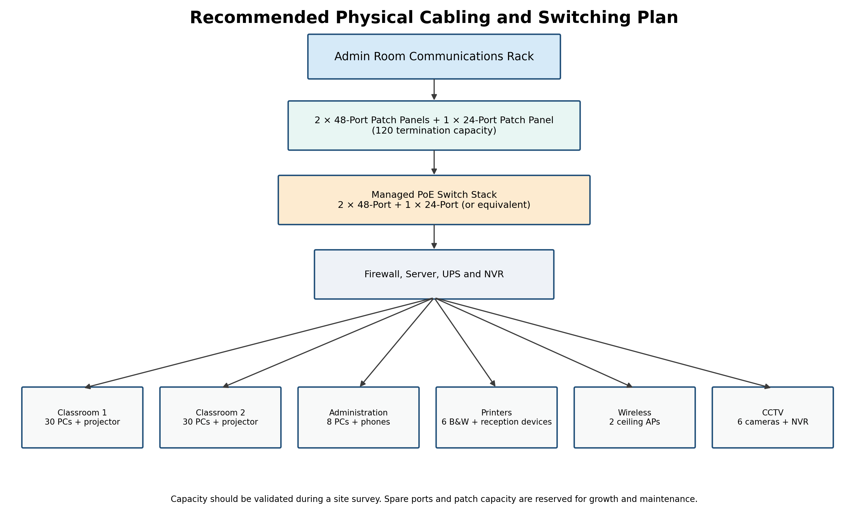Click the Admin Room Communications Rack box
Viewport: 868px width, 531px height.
[x=434, y=57]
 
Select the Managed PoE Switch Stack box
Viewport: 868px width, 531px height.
[x=434, y=200]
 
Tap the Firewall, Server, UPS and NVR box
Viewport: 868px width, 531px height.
[x=434, y=275]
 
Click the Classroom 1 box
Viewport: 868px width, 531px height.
[x=82, y=417]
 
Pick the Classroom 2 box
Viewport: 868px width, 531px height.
[x=221, y=417]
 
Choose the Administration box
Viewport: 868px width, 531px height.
[x=359, y=417]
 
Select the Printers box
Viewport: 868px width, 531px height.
[x=497, y=417]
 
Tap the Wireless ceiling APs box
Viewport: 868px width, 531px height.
[x=635, y=417]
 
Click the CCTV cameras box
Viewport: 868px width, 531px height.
[x=773, y=417]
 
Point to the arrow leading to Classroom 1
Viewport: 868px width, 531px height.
[x=259, y=343]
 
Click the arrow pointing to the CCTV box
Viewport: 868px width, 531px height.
[x=603, y=343]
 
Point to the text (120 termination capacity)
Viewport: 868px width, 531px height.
[x=434, y=131]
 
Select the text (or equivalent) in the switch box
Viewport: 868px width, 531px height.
[x=496, y=205]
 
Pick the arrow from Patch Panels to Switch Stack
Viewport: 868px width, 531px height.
[x=434, y=162]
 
